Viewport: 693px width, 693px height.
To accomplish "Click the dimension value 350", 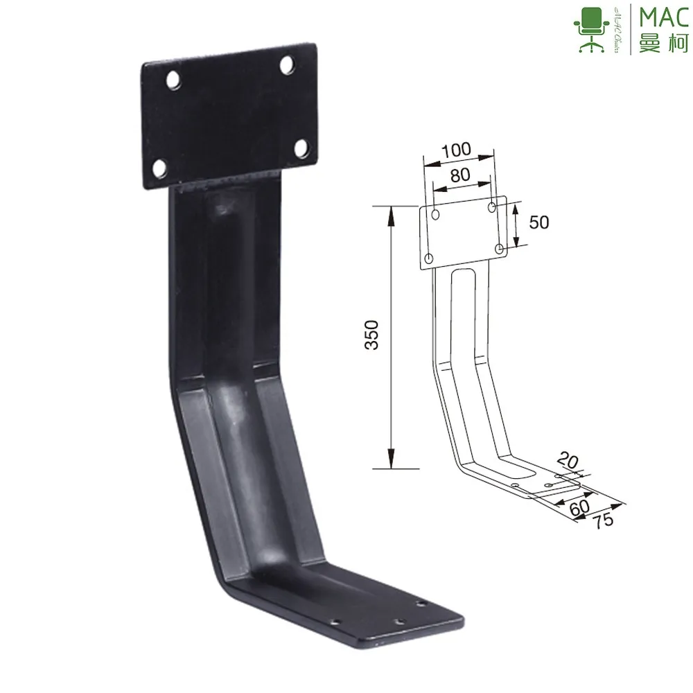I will click(x=372, y=335).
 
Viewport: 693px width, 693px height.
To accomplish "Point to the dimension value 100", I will click(x=456, y=148).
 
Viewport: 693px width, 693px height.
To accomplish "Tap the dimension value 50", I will click(x=538, y=222).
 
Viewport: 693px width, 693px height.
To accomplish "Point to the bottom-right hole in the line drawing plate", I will click(x=500, y=248).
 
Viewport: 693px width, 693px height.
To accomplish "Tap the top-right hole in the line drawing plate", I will click(x=492, y=207).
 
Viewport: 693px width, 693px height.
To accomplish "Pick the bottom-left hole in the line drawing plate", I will click(x=429, y=258).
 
